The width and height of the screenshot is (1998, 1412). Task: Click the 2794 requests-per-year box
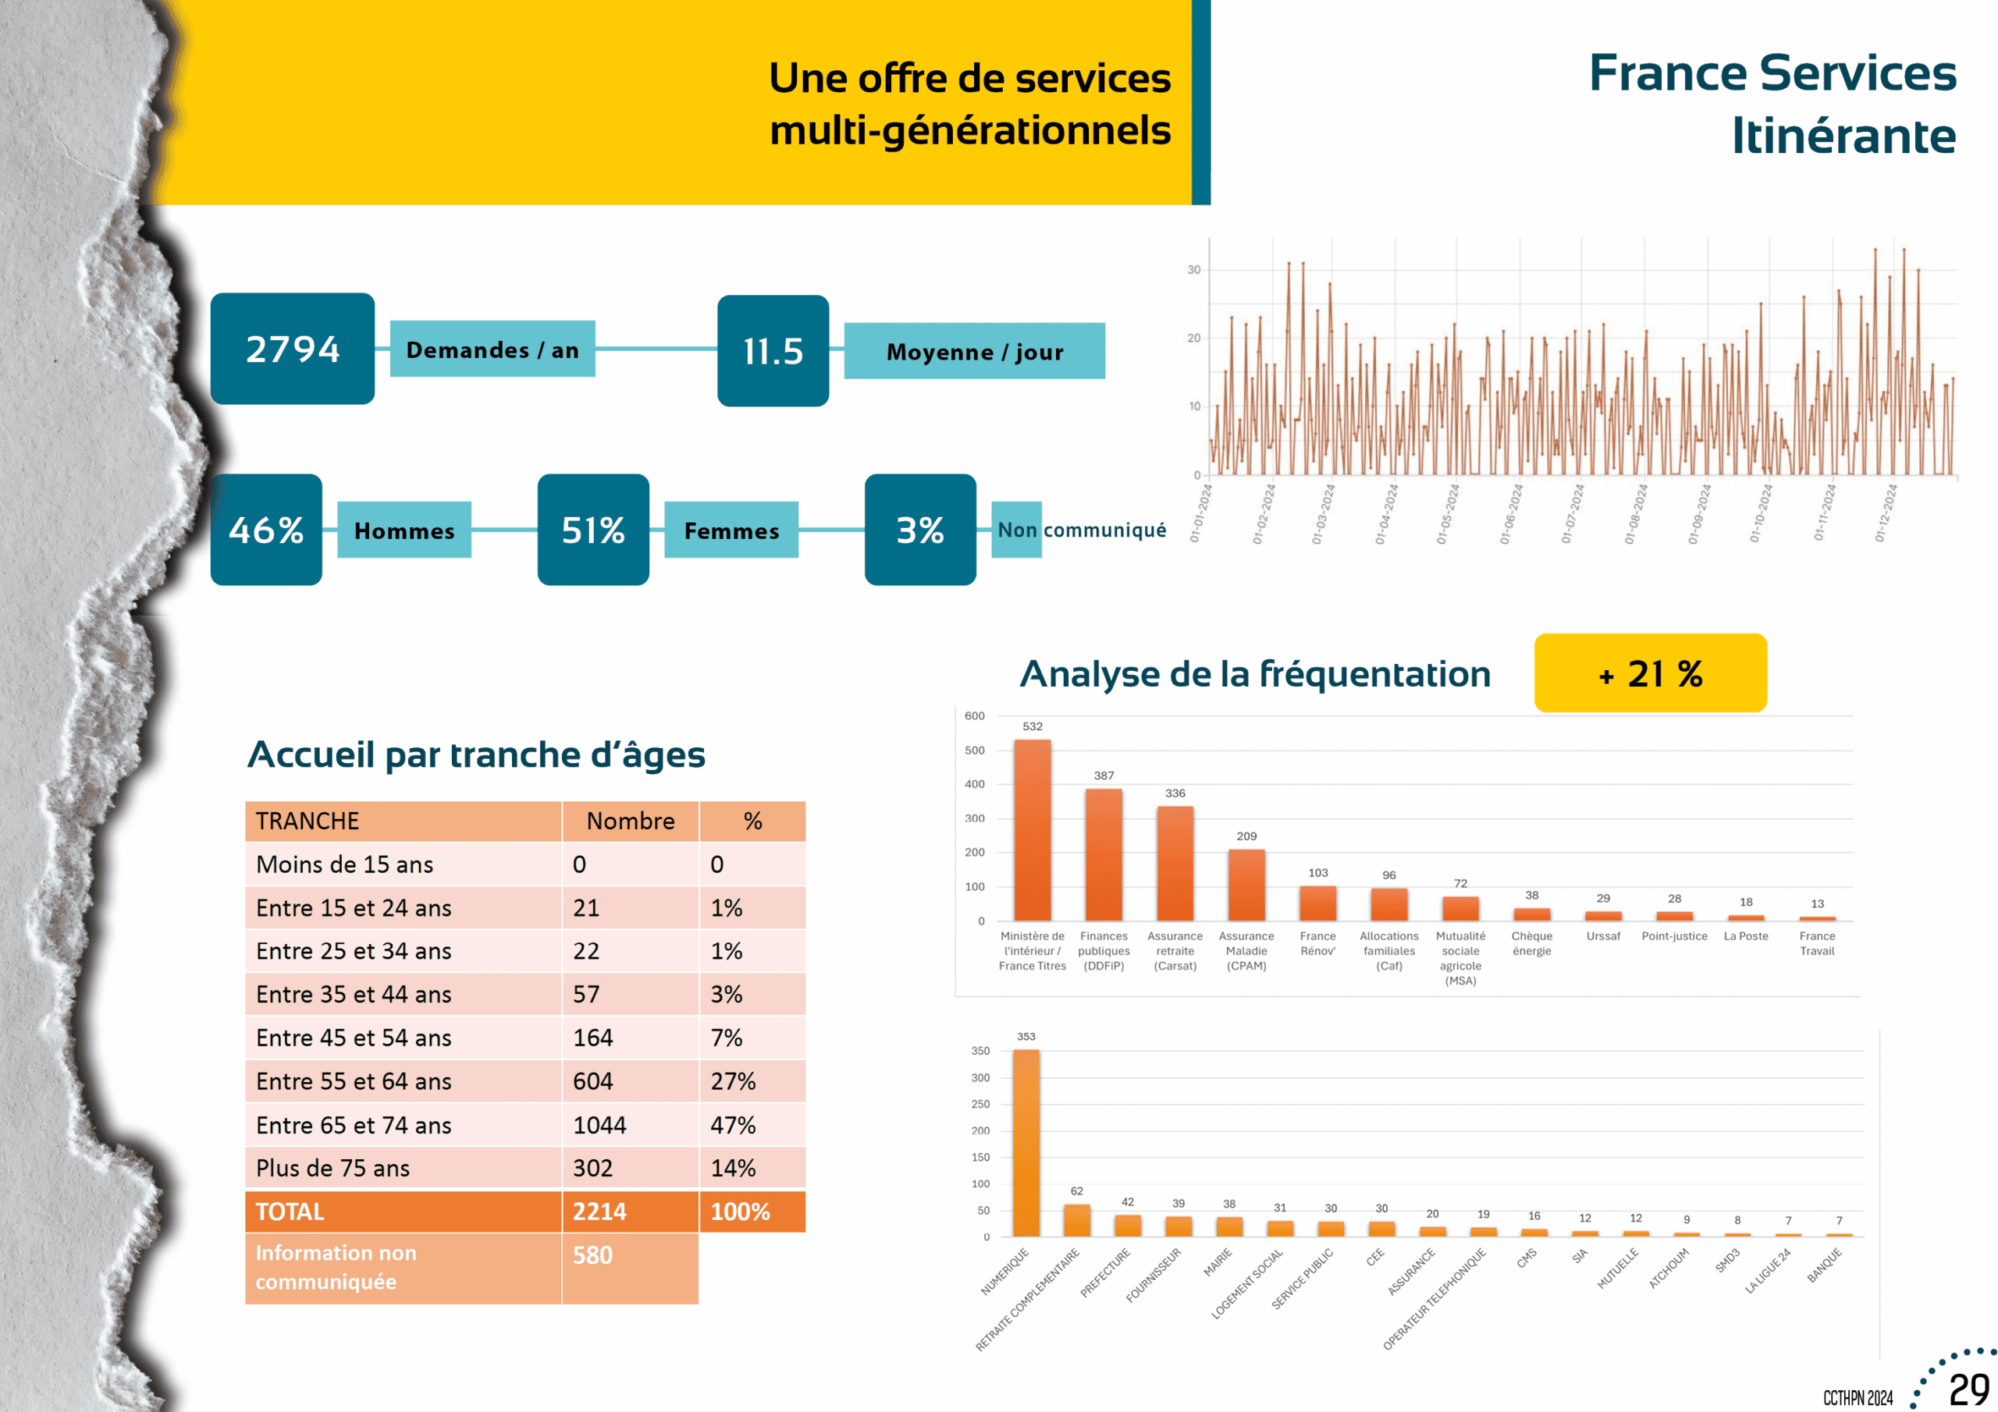click(x=293, y=349)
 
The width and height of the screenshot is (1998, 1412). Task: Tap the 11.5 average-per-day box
click(x=773, y=350)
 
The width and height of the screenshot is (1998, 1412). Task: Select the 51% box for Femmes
click(x=592, y=530)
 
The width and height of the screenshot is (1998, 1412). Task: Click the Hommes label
click(x=404, y=530)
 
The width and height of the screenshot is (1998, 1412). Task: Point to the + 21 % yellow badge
click(x=1650, y=673)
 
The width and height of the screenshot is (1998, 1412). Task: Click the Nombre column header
click(x=630, y=821)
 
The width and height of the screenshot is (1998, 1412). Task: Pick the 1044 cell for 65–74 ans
click(x=599, y=1125)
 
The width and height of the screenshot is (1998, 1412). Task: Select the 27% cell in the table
click(x=733, y=1081)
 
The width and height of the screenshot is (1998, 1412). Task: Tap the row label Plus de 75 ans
click(x=332, y=1169)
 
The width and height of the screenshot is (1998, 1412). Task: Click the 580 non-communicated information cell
click(x=592, y=1255)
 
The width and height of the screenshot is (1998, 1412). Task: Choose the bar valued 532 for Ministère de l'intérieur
click(x=1032, y=830)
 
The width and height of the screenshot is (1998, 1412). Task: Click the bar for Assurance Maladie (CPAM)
click(x=1246, y=885)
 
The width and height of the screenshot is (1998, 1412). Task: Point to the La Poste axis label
click(x=1746, y=936)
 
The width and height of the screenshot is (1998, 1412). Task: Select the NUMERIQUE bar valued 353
click(x=1026, y=1142)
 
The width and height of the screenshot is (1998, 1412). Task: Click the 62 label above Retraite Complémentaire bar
click(x=1076, y=1191)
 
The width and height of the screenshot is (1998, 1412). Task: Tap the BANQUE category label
click(x=1825, y=1266)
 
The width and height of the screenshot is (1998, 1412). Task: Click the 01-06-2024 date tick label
click(x=1512, y=514)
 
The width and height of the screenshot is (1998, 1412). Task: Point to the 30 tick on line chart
click(x=1194, y=270)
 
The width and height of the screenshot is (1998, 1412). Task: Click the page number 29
click(x=1969, y=1389)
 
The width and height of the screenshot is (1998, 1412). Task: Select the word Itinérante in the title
click(x=1843, y=136)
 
